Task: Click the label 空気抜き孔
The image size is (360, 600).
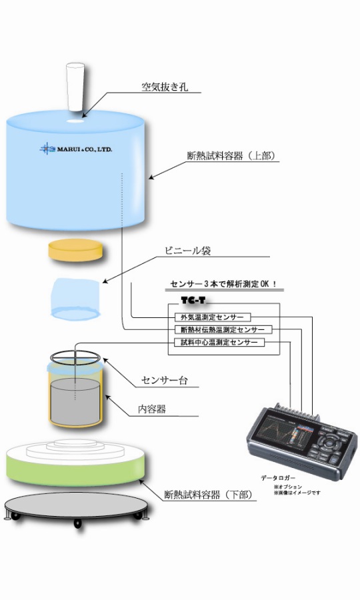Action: click(x=163, y=87)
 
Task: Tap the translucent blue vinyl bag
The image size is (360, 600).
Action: click(x=75, y=297)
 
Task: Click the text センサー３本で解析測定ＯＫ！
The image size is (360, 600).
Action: click(x=223, y=285)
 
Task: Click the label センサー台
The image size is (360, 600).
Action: click(x=164, y=381)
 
